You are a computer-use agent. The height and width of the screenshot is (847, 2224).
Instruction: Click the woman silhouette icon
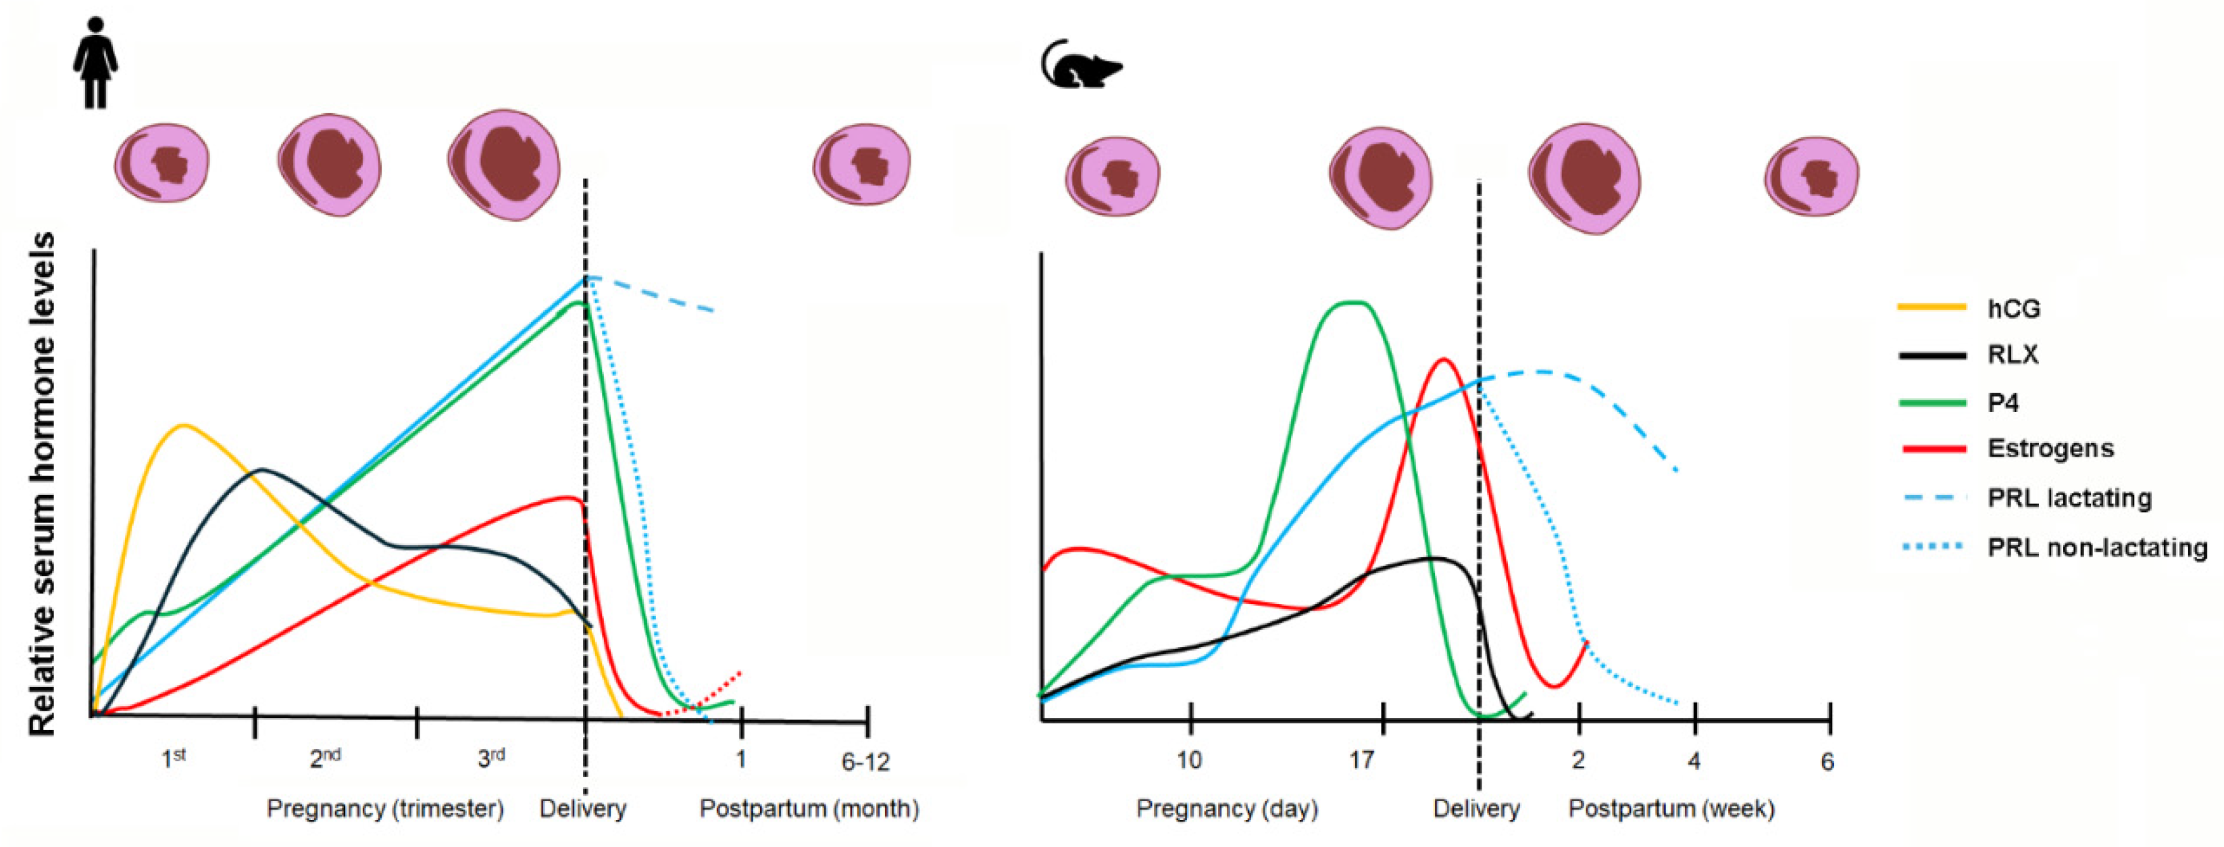tap(95, 62)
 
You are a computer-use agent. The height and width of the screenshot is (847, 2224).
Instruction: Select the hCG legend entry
tap(2013, 308)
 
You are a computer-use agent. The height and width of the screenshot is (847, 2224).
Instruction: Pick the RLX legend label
tap(2013, 355)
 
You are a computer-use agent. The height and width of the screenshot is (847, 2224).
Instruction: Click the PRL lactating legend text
tap(2069, 498)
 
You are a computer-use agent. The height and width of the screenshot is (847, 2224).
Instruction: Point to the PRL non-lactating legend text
tap(2097, 547)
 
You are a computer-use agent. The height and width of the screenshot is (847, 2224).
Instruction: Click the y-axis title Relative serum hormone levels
tap(41, 484)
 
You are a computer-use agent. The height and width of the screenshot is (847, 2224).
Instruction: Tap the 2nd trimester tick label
tap(325, 759)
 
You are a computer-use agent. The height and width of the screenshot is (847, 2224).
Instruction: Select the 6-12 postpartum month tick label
tap(865, 761)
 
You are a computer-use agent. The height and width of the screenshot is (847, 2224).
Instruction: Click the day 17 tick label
tap(1361, 761)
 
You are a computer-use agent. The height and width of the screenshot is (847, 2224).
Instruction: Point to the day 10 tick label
tap(1189, 761)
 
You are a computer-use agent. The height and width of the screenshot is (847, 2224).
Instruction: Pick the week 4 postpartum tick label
tap(1694, 761)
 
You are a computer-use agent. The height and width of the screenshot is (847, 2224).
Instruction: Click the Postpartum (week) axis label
tap(1671, 809)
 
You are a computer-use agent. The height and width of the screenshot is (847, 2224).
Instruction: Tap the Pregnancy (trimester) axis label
tap(385, 809)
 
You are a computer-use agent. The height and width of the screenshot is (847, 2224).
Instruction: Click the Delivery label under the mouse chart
tap(1476, 809)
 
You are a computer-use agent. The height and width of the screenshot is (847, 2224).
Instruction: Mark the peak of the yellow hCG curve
tap(183, 426)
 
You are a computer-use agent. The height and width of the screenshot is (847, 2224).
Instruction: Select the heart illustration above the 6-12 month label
tap(861, 164)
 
